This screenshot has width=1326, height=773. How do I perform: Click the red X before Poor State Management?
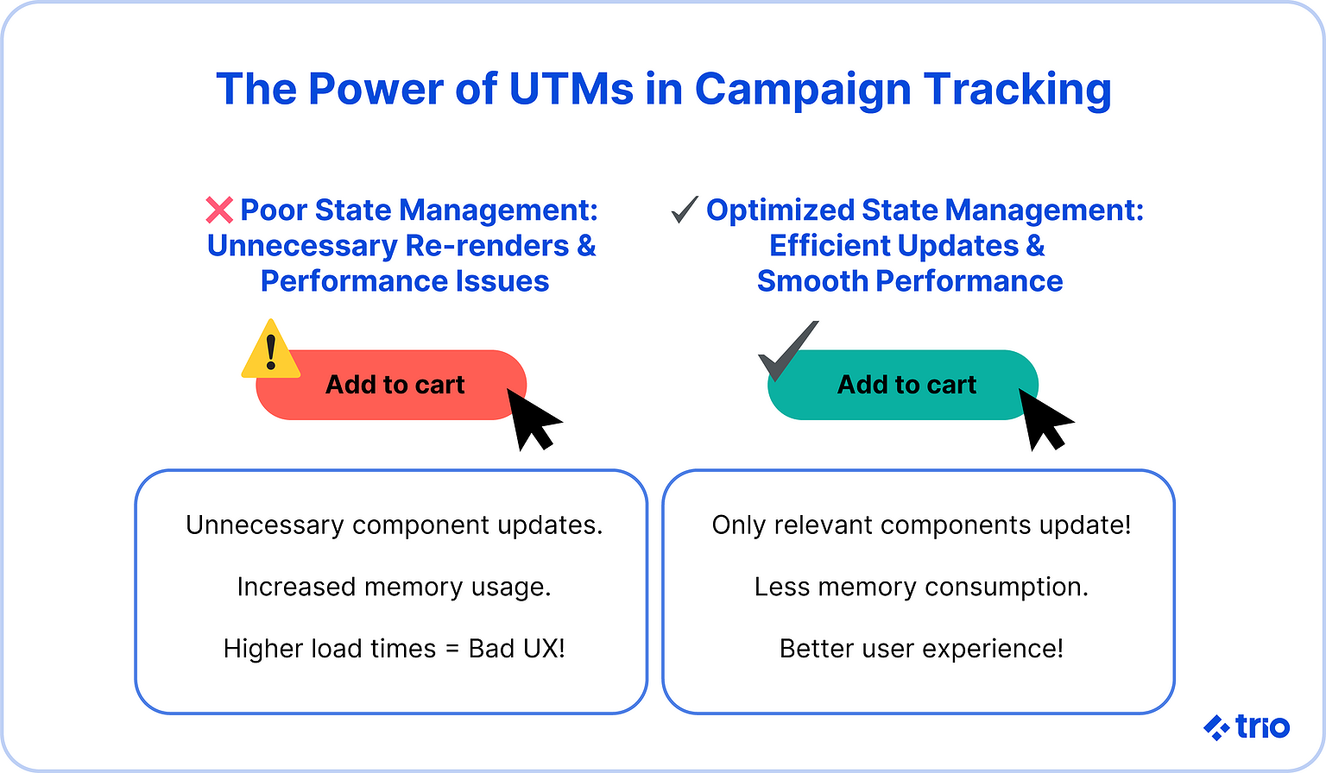click(x=219, y=210)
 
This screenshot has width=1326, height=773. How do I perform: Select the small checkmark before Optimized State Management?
click(x=685, y=210)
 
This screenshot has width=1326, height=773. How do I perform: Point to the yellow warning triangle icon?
click(x=271, y=352)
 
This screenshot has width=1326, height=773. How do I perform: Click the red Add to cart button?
click(x=395, y=385)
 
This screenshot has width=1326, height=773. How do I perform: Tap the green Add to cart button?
click(x=906, y=385)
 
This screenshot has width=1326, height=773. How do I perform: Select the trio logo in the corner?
click(x=1247, y=726)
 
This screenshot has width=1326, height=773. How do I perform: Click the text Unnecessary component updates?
click(x=394, y=525)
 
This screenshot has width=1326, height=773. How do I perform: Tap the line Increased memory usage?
click(x=394, y=588)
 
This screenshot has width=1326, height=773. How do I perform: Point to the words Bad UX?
click(x=516, y=649)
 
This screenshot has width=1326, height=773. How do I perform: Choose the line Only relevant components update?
click(x=921, y=525)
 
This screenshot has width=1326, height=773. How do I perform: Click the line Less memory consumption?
click(x=921, y=588)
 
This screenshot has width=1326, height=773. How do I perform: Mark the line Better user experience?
click(x=921, y=649)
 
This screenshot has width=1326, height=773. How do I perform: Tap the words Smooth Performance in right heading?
click(x=910, y=281)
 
